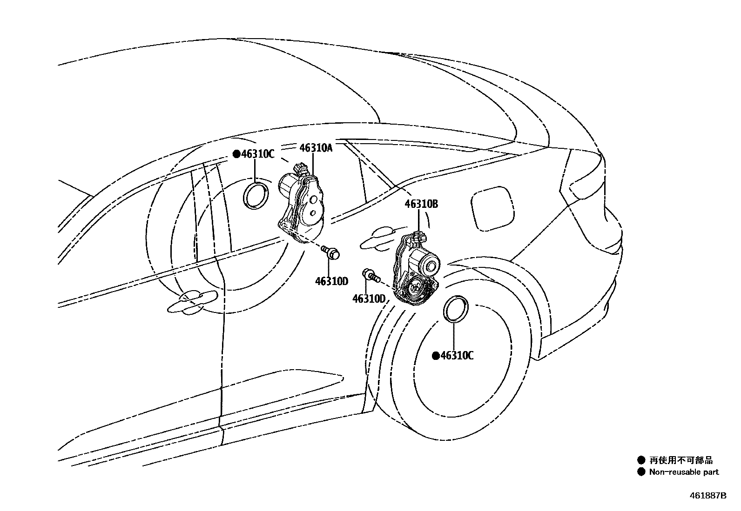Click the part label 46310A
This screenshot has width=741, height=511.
coord(316,148)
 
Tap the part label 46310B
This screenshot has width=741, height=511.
coord(421,204)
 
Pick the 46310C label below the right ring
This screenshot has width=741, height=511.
coord(457,356)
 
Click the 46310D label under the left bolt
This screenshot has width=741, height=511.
coord(331,281)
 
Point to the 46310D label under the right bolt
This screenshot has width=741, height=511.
coord(369,298)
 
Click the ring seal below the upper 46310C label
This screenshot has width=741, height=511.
coord(256,196)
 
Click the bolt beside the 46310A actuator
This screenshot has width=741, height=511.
coord(331,253)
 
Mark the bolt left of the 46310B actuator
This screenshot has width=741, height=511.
coord(370,275)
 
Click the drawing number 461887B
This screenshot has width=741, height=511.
coord(707,495)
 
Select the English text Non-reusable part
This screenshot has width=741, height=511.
coord(684,472)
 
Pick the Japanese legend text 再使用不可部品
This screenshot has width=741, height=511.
coord(681,460)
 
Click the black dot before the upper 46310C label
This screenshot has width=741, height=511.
coord(236,154)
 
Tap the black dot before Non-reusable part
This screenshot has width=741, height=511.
coord(641,472)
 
